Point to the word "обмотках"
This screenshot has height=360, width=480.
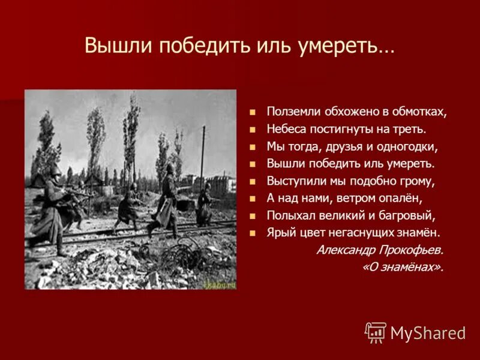421,112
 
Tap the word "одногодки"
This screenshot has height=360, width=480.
407,146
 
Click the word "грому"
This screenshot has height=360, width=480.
418,181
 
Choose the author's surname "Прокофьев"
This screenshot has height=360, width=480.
406,250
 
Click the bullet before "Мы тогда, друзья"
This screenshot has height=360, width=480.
253,146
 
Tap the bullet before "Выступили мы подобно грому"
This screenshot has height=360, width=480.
253,181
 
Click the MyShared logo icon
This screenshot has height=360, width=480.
376,332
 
